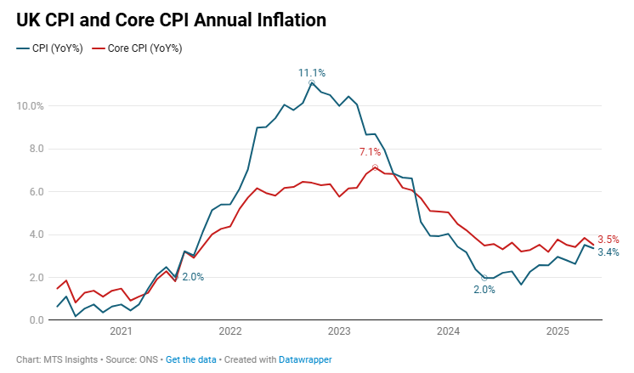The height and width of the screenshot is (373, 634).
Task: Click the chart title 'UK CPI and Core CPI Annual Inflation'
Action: pyautogui.click(x=172, y=19)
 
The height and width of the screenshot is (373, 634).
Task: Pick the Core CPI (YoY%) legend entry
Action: pyautogui.click(x=141, y=48)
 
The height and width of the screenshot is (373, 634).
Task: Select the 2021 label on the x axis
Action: pyautogui.click(x=121, y=332)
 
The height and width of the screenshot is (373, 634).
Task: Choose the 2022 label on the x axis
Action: pyautogui.click(x=230, y=332)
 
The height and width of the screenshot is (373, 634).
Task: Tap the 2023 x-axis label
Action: pyautogui.click(x=339, y=332)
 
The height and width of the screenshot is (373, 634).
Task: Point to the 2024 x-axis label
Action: pyautogui.click(x=448, y=332)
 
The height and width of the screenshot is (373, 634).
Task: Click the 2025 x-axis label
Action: pyautogui.click(x=558, y=332)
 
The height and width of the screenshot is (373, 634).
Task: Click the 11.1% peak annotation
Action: pyautogui.click(x=311, y=73)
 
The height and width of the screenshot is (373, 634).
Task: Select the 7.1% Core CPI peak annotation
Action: pyautogui.click(x=371, y=152)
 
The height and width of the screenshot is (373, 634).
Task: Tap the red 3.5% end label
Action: pyautogui.click(x=609, y=240)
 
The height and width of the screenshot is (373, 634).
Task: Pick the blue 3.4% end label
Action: pyautogui.click(x=609, y=252)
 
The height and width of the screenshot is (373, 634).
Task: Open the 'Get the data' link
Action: pyautogui.click(x=190, y=359)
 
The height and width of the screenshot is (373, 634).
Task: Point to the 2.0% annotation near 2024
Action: pyautogui.click(x=484, y=290)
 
